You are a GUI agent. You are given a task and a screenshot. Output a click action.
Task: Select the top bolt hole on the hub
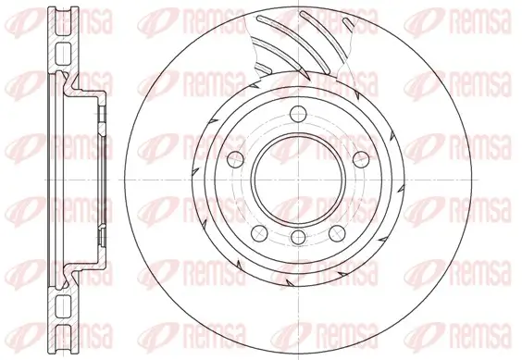point(298,114)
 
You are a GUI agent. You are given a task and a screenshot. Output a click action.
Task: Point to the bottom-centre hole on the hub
point(298,239)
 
